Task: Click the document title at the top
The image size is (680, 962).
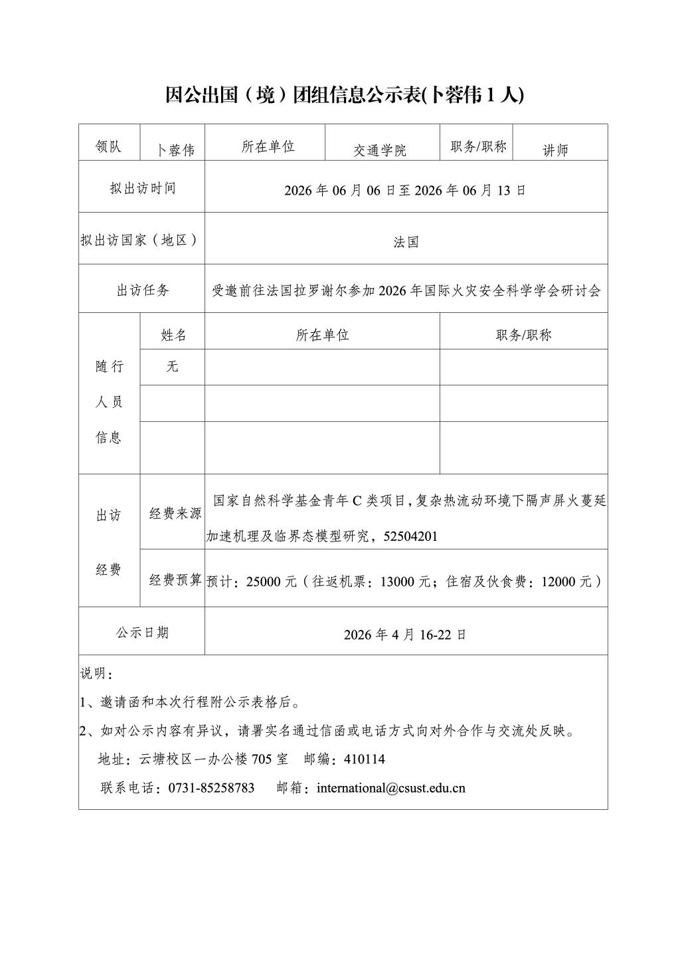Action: (x=344, y=96)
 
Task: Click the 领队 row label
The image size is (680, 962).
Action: (x=109, y=147)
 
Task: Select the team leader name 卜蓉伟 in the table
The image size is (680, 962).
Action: (x=175, y=150)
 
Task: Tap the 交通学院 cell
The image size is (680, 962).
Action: (x=380, y=150)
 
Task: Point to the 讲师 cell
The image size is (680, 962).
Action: (x=556, y=150)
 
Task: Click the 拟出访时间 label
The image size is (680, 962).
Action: (x=143, y=188)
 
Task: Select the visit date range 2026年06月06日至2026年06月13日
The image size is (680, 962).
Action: (x=405, y=190)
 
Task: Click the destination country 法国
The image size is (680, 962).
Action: (x=406, y=242)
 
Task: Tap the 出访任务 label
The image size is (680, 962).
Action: (x=143, y=290)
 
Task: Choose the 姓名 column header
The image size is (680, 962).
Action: (x=173, y=335)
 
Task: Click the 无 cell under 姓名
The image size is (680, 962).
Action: (x=173, y=366)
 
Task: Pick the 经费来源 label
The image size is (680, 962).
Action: (x=175, y=514)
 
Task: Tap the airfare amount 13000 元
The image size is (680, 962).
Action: (x=405, y=582)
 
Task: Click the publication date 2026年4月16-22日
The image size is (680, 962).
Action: (x=405, y=634)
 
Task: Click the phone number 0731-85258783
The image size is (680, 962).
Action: (x=212, y=788)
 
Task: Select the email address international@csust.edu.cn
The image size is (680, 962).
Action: (x=391, y=788)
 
